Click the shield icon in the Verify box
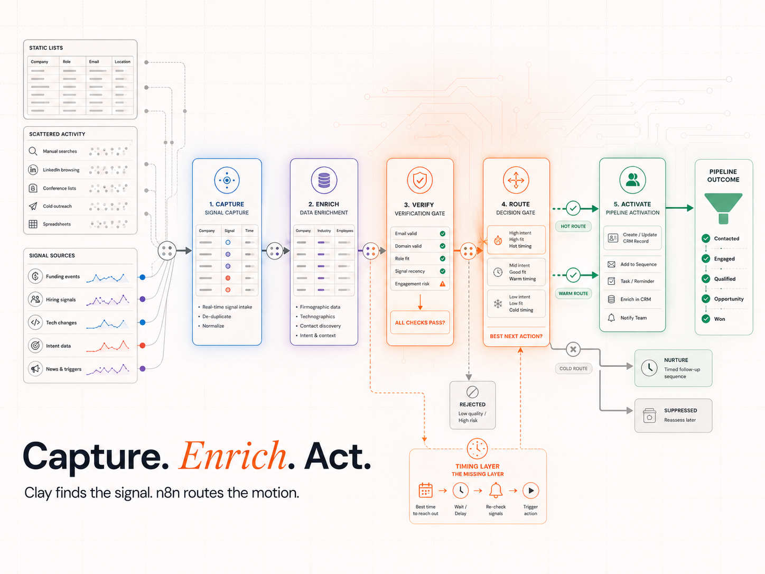tap(420, 180)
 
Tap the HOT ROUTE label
tap(573, 226)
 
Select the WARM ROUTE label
tap(573, 293)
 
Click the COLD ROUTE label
tap(573, 368)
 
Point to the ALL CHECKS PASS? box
tap(420, 322)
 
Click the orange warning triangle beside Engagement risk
tap(442, 284)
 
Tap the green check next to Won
tap(706, 319)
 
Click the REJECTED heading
tap(472, 404)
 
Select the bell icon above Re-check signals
tap(496, 490)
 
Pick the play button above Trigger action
tap(530, 490)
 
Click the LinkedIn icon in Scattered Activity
tap(33, 170)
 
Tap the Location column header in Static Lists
tap(123, 62)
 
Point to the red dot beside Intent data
tap(142, 345)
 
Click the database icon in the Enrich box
tap(324, 180)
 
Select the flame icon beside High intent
tap(498, 239)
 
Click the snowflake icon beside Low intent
tap(498, 303)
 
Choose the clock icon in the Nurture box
tap(649, 368)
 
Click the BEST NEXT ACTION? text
tap(516, 336)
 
